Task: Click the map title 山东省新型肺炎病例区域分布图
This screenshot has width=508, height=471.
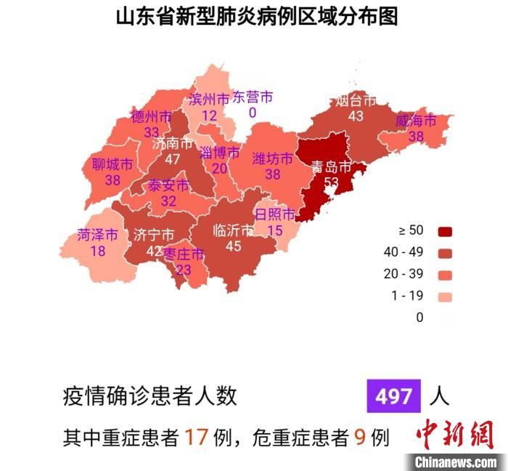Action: pos(257,17)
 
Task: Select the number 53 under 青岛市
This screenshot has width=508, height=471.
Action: pos(332,181)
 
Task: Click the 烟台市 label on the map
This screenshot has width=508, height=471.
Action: pos(356,100)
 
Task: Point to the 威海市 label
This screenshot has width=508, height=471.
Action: pos(416,121)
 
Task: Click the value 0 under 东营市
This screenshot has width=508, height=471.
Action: pos(253,113)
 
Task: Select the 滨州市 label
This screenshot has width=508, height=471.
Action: pos(209,100)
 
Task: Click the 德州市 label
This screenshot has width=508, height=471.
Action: pos(152,116)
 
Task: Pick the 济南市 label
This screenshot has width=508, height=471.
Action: pos(173,143)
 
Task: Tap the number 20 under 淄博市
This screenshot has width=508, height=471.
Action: pos(219,169)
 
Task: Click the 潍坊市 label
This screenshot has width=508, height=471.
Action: pos(273,158)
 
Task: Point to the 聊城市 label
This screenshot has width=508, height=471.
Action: pos(112,164)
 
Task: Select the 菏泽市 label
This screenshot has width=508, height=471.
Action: pos(98,235)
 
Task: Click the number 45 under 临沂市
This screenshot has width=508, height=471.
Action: pos(233,246)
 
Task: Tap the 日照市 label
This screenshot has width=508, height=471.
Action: pos(275,214)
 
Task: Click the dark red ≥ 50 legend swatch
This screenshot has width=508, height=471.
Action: pos(446,232)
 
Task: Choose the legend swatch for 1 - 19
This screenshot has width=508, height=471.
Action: pos(446,297)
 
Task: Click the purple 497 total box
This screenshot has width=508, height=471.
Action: pos(394,396)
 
